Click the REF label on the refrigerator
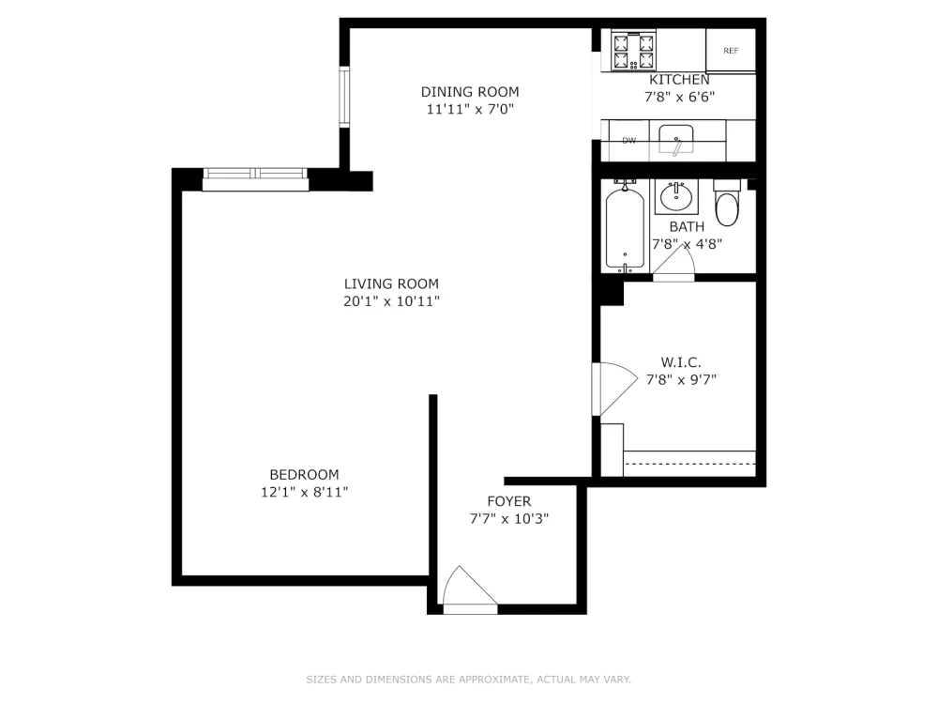pos(731,51)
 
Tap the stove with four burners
pos(633,51)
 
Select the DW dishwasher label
pos(628,141)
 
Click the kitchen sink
pos(676,140)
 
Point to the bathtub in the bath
pos(625,227)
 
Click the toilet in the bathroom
pos(727,203)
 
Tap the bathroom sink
pos(676,196)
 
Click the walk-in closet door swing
pos(615,390)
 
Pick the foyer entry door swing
pos(470,589)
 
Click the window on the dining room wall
pos(344,97)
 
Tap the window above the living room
pos(255,179)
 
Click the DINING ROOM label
pos(470,92)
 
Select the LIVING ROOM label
pos(391,283)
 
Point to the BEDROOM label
pos(305,475)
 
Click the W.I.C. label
pos(681,362)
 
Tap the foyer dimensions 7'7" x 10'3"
pos(509,518)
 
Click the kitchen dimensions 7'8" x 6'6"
pos(679,97)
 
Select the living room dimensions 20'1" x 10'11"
pos(391,301)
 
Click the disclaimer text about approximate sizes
pos(468,680)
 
